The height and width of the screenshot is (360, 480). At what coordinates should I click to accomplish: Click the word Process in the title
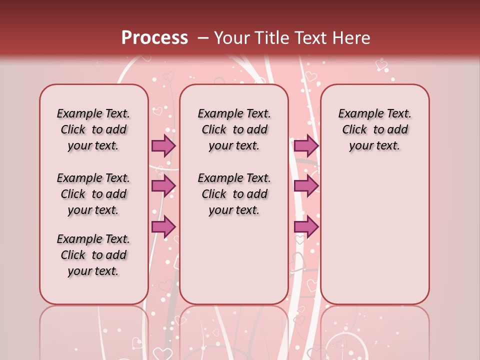click(154, 38)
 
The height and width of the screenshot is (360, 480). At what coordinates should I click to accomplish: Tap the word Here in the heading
click(351, 38)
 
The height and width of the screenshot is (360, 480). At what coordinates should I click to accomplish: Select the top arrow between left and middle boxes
click(163, 145)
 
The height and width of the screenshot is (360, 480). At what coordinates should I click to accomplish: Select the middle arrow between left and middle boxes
click(163, 186)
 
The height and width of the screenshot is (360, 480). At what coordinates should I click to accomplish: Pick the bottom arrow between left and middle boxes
click(163, 227)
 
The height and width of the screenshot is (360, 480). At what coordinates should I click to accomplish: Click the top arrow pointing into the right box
click(306, 145)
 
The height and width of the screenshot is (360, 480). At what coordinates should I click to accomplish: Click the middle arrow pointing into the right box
click(306, 186)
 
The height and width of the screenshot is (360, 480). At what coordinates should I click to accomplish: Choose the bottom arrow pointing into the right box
click(306, 227)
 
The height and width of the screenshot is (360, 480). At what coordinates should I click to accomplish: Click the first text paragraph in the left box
click(93, 129)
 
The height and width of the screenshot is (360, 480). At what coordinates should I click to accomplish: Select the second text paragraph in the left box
click(93, 194)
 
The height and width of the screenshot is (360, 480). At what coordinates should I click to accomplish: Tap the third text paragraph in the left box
click(93, 255)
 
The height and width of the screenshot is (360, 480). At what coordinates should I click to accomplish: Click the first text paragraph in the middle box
click(234, 129)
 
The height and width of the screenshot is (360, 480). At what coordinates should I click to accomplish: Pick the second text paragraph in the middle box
click(234, 194)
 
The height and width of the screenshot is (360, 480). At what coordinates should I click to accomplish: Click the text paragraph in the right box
click(374, 129)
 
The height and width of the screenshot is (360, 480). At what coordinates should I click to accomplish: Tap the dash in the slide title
click(202, 38)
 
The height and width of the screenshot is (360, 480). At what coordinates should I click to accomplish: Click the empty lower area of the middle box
click(234, 260)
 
